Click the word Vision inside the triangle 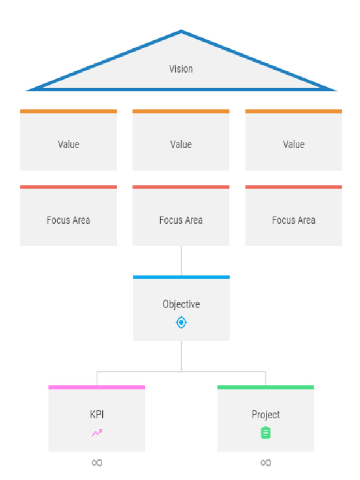181,69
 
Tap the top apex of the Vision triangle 181,30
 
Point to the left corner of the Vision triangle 27,90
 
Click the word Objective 181,304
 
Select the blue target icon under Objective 181,322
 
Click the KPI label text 97,414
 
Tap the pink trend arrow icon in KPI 97,433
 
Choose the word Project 266,415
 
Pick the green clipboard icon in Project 266,433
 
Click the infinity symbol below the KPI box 97,463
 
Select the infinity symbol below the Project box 266,463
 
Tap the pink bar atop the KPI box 97,387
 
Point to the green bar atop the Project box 266,387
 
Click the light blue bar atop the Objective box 181,277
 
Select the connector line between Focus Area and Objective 181,261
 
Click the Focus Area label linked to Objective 181,220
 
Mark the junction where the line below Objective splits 181,372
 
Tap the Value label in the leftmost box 68,144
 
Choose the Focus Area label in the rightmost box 293,220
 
